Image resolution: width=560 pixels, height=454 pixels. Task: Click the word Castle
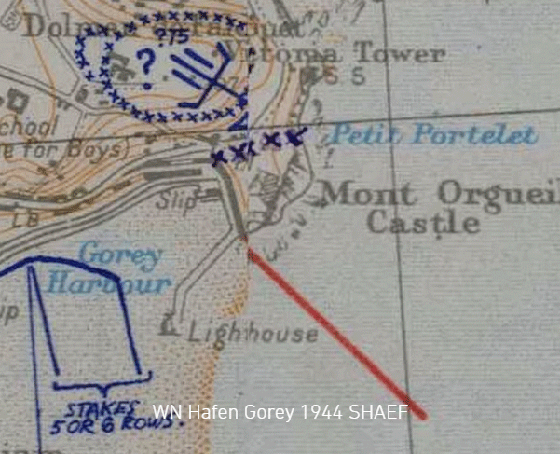click(423, 224)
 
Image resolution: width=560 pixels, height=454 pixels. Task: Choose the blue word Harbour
click(123, 282)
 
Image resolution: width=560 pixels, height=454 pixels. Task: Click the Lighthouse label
click(253, 333)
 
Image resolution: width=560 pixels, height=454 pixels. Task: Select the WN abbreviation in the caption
click(165, 412)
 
